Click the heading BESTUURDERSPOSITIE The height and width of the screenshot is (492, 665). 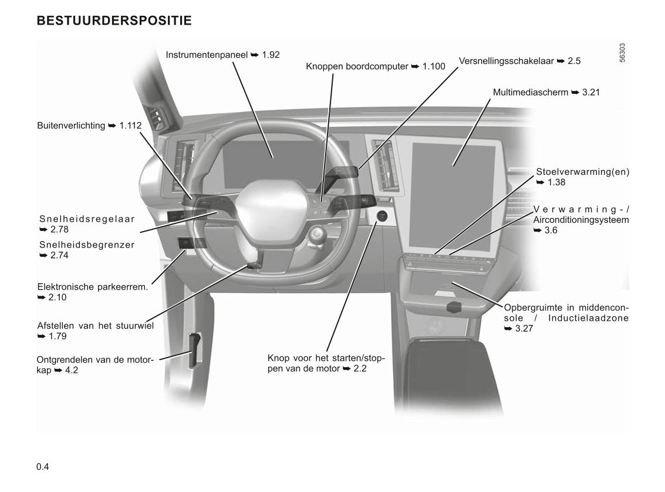click(x=114, y=21)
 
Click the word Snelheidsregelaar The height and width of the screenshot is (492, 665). click(x=87, y=219)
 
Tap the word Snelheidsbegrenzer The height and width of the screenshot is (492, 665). click(x=87, y=245)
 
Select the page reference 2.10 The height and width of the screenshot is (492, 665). click(x=58, y=298)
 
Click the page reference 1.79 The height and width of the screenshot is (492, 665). click(x=58, y=337)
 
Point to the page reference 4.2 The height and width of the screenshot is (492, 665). click(x=72, y=371)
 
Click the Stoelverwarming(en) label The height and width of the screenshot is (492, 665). click(x=582, y=172)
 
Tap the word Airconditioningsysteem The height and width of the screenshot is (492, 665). click(x=581, y=220)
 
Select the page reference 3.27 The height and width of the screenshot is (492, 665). click(x=524, y=328)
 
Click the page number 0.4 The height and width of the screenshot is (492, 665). click(x=43, y=467)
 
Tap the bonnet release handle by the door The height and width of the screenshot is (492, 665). click(x=193, y=350)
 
